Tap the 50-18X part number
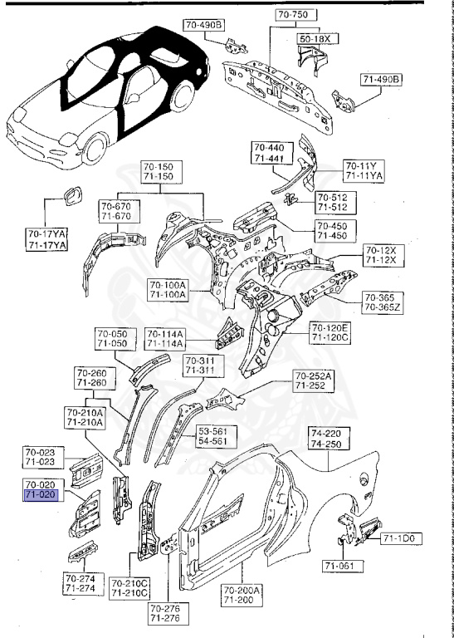coord(315,38)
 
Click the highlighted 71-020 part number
coord(41,494)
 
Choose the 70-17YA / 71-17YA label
coord(47,241)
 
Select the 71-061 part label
coord(339,567)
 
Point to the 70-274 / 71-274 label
coord(81,583)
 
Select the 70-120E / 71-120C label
coord(330,333)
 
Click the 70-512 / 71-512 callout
coord(332,202)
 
